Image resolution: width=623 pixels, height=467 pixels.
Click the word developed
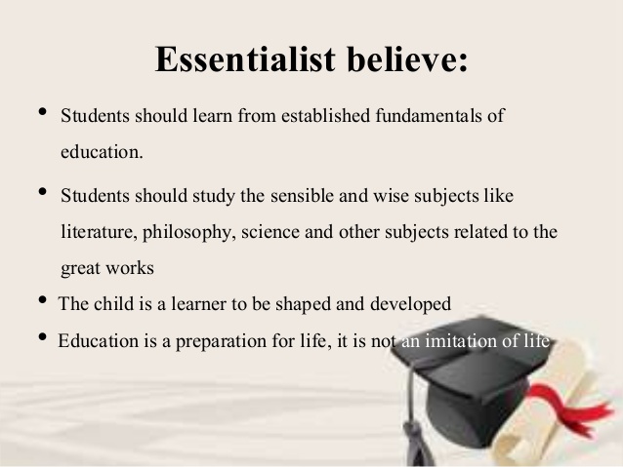415,303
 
